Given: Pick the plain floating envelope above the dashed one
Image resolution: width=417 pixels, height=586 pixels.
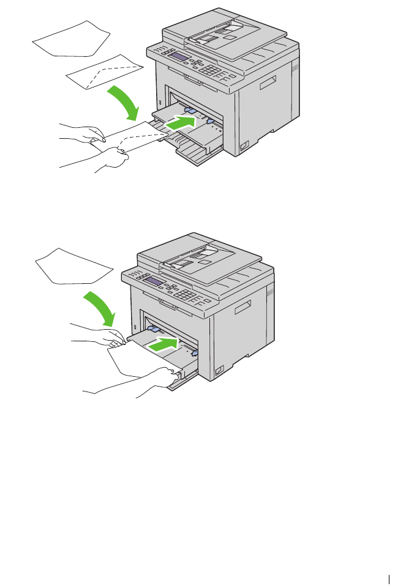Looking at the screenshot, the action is (70, 39).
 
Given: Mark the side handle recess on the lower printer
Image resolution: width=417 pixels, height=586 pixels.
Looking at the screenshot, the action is (241, 307).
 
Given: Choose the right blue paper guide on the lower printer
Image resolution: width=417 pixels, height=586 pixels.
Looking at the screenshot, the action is (194, 354).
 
